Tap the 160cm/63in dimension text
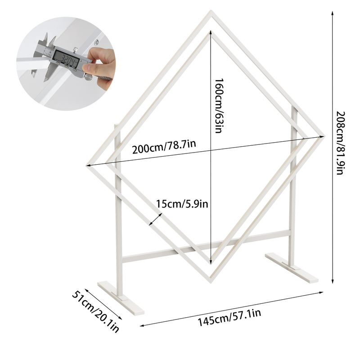click(219, 106)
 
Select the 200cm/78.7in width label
click(164, 147)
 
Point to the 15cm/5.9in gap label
click(182, 204)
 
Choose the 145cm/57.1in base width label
click(229, 318)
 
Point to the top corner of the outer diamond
click(211, 10)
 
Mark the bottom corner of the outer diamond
click(211, 283)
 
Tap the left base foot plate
click(121, 297)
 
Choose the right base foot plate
click(292, 268)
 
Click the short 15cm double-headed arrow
click(156, 219)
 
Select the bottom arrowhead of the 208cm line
click(333, 281)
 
